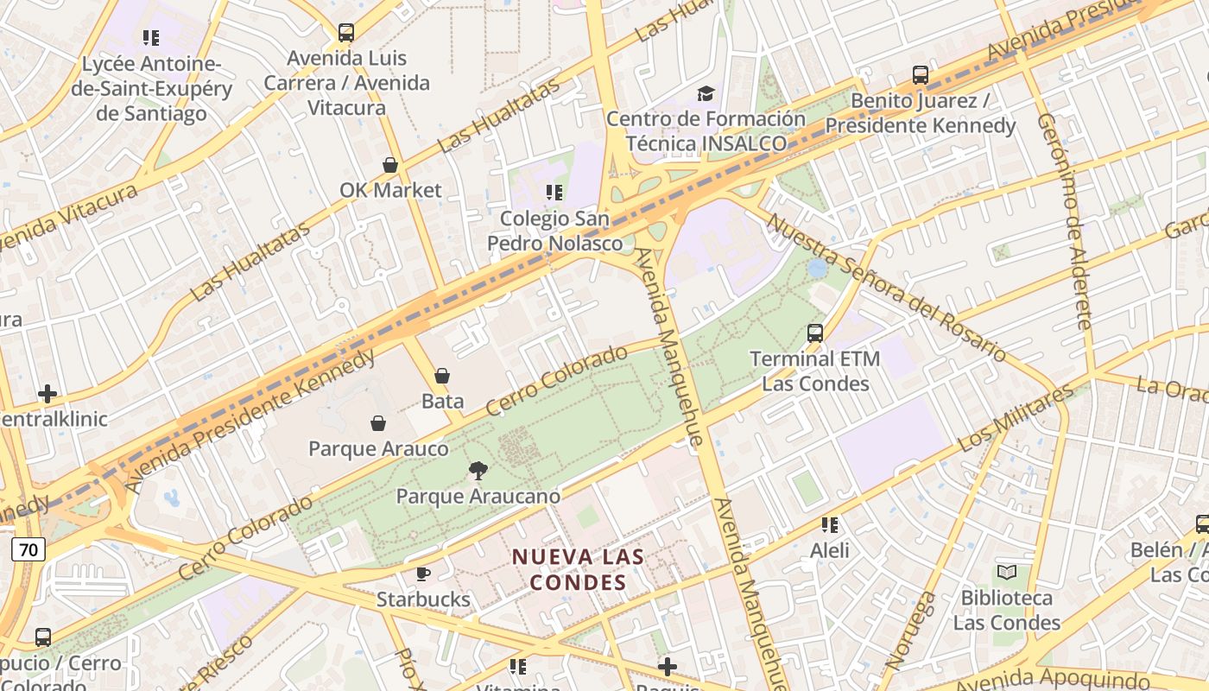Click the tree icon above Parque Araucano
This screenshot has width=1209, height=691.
[477, 471]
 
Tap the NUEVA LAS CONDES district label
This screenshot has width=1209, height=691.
[578, 569]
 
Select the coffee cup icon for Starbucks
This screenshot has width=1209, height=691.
[423, 574]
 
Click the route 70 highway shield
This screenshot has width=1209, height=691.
[28, 548]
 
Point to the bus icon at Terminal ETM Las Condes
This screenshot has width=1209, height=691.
[814, 333]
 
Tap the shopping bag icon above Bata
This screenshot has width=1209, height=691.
[442, 376]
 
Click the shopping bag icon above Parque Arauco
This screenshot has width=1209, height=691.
[378, 423]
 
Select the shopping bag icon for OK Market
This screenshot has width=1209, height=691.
[390, 165]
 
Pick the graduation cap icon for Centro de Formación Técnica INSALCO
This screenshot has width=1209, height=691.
[706, 93]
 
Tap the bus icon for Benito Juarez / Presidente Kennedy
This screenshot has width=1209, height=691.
[921, 75]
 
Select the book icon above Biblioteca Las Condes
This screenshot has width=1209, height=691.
[1006, 572]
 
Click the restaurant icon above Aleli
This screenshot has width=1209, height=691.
[830, 524]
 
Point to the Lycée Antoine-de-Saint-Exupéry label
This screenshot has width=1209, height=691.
[151, 89]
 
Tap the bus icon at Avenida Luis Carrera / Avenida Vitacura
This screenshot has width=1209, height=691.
[346, 33]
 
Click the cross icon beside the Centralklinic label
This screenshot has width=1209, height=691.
[47, 395]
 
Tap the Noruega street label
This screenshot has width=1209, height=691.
[910, 631]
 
